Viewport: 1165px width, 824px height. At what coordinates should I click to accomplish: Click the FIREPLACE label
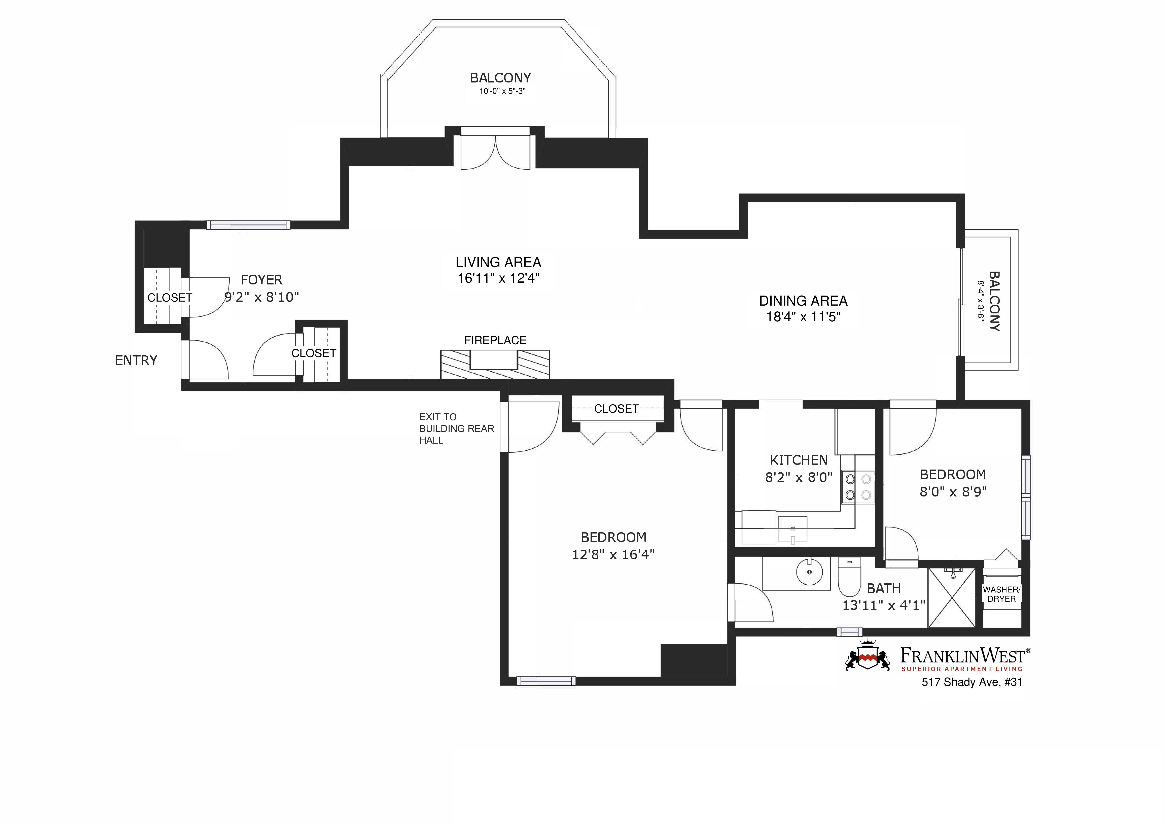pos(495,340)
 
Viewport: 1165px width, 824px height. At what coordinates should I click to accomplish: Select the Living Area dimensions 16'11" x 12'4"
pos(498,278)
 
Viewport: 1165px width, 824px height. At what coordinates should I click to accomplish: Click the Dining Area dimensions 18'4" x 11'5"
pos(803,317)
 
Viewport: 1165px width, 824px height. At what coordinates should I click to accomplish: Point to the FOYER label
pos(261,280)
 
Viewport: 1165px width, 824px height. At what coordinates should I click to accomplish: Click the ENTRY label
pos(136,360)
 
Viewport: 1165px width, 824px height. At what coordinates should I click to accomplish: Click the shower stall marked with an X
pos(952,598)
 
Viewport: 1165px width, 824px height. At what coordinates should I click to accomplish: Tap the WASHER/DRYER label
pos(1001,594)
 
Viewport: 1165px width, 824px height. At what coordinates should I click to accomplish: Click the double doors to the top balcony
pos(495,152)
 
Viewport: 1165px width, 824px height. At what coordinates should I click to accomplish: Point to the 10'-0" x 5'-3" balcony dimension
pos(502,91)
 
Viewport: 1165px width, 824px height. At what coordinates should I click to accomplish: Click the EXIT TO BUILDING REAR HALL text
pos(456,429)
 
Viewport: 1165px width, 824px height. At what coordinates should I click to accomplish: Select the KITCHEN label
pos(799,460)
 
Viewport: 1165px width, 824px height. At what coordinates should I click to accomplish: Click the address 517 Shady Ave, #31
pos(972,682)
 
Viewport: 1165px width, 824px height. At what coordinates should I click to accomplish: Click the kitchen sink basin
pos(792,529)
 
